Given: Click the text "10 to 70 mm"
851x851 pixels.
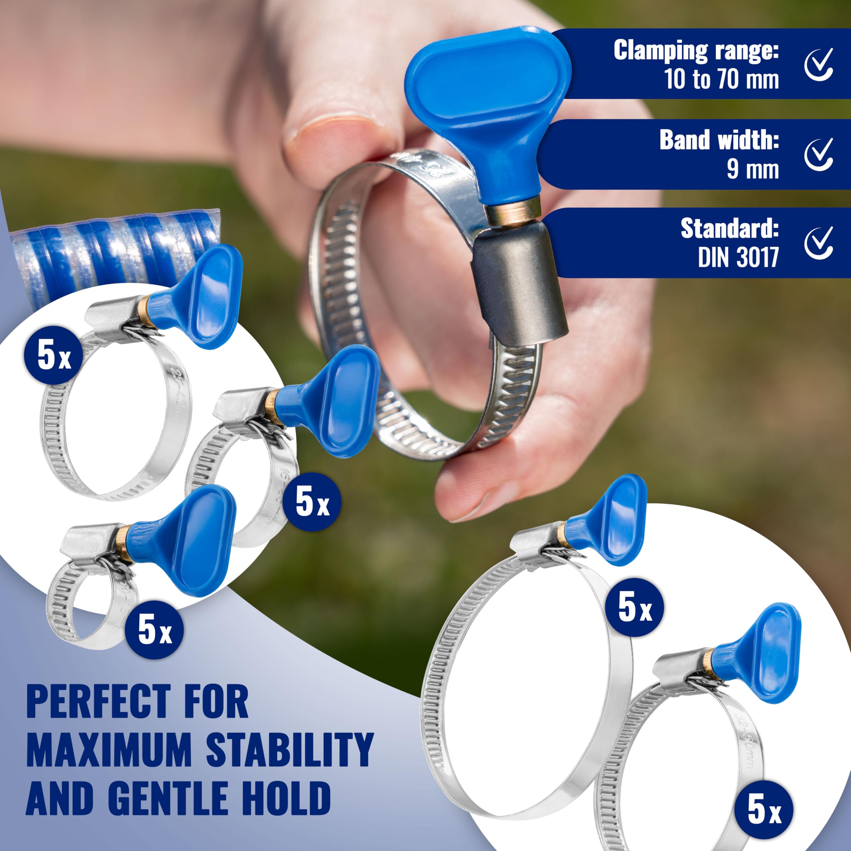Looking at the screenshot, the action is [x=721, y=79].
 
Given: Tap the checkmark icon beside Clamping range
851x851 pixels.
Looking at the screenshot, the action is [x=819, y=65].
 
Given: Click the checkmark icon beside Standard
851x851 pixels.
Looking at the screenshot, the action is [x=819, y=243].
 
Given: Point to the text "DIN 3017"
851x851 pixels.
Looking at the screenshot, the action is [x=739, y=257].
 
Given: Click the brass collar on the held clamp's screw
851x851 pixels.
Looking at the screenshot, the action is [x=512, y=210].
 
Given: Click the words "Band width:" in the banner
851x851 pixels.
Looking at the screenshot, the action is [x=719, y=140].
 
